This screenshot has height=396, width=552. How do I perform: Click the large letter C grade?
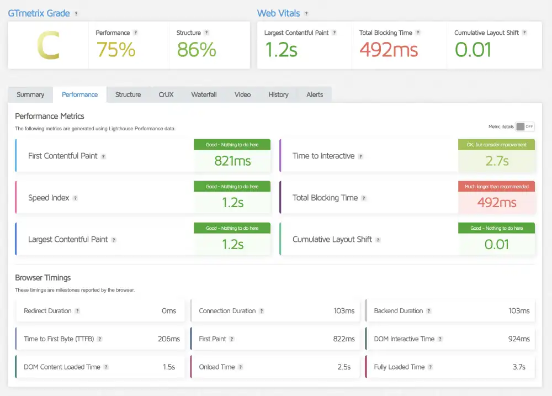pos(48,46)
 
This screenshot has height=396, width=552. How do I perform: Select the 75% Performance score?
pos(116,50)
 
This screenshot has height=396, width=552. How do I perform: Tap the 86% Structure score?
pos(197,50)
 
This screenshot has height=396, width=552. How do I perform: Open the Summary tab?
pos(30,94)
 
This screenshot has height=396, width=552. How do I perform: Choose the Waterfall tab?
pos(204,94)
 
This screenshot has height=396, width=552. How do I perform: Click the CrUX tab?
pos(166,94)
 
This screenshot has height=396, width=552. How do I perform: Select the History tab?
pos(278,94)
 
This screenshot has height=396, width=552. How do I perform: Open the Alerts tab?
pos(315,94)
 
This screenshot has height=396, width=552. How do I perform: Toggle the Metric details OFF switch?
pos(525,126)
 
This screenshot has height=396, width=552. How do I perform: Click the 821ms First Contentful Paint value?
pos(232,161)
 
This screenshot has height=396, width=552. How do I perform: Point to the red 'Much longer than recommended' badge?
pos(496,187)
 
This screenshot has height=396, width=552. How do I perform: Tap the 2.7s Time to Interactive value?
pos(497,161)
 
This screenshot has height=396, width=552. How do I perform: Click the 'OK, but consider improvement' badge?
pos(496,145)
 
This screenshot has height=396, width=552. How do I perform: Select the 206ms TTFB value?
pos(169,339)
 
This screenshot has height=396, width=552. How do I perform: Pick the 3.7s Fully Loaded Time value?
pos(519,367)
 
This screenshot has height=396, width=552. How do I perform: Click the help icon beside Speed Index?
pos(75,198)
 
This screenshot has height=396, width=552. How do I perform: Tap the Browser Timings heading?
pos(43,278)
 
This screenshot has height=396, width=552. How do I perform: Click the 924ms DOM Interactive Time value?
pos(519,339)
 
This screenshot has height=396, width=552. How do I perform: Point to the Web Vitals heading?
pos(279,13)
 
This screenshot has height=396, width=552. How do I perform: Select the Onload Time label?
pos(217,367)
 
